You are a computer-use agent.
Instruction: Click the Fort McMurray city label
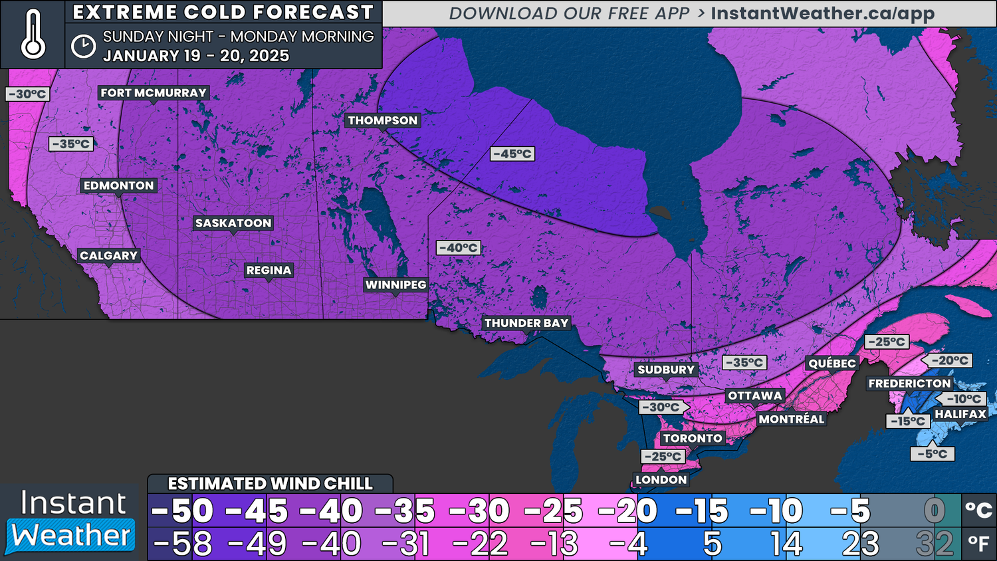154,93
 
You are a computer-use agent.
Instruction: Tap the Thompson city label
383,120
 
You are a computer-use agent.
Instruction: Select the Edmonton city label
119,185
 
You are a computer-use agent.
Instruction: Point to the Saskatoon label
233,223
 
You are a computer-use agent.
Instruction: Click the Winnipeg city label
395,284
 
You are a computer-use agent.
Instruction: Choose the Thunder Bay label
526,323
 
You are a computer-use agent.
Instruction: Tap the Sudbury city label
666,370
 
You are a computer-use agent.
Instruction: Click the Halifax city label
960,414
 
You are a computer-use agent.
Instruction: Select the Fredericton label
909,384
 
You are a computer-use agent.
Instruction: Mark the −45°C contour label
512,154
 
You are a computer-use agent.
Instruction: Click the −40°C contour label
459,248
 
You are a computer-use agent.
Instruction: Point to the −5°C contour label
932,454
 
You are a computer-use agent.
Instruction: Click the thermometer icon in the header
33,35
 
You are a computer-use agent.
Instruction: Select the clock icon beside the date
83,46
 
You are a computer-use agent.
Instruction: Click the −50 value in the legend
182,511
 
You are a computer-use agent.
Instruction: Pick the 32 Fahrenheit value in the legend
935,544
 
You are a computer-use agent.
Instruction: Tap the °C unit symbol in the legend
978,510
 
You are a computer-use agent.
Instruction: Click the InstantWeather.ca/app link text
822,13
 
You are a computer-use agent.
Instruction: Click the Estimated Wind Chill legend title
270,483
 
